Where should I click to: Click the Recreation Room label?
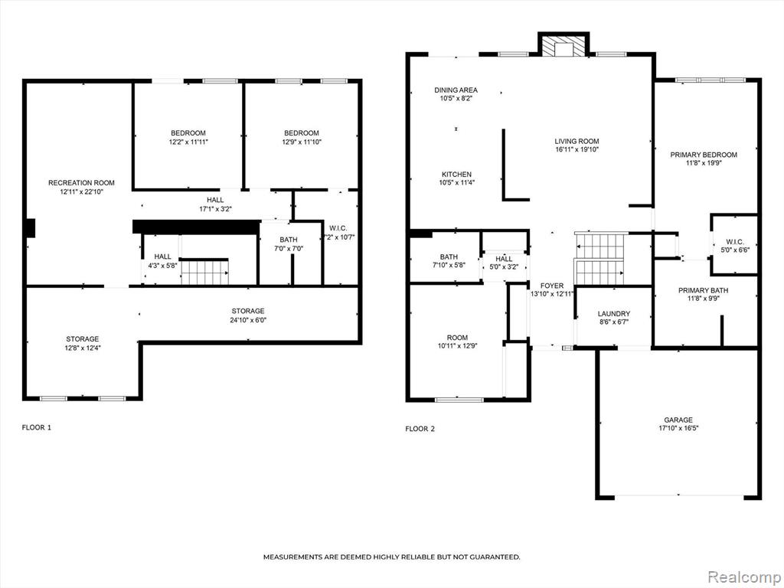click(81, 183)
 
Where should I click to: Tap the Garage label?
click(678, 420)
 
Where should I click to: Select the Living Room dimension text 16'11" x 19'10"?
click(577, 149)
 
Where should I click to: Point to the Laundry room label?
click(613, 313)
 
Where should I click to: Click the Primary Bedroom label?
click(704, 155)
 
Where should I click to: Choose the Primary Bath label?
click(703, 290)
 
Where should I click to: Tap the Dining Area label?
click(456, 90)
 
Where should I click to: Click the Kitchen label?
click(456, 174)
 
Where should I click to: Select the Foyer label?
click(551, 286)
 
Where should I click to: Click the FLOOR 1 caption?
click(37, 427)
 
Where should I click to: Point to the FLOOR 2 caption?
click(420, 429)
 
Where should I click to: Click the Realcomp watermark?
click(743, 577)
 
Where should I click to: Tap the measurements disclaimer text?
click(391, 557)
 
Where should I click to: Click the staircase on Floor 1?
click(204, 272)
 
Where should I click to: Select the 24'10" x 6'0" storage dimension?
click(248, 320)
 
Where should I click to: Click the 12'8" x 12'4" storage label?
click(83, 348)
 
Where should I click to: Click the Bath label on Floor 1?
click(289, 240)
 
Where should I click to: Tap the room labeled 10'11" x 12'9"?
click(457, 341)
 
